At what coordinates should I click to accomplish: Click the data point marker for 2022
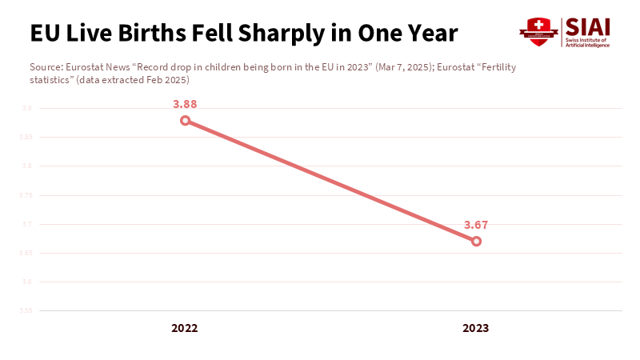click(185, 121)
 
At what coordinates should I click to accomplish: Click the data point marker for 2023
click(476, 241)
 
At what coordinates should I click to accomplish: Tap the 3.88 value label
click(185, 104)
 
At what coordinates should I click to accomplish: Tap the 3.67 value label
click(476, 225)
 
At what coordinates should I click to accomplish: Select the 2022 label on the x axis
click(185, 328)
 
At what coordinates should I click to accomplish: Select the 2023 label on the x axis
click(476, 328)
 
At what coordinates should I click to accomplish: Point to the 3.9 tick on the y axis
click(26, 108)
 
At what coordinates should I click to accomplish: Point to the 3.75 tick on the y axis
click(26, 195)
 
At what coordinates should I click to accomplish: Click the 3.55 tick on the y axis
click(26, 310)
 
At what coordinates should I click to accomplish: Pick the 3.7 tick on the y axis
click(26, 224)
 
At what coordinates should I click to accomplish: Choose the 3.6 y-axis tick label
click(26, 282)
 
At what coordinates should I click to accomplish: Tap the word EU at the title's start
click(42, 34)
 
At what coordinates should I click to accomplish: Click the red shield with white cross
click(538, 30)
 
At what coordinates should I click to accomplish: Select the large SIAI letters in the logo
click(587, 26)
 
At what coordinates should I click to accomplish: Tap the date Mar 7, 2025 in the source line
click(398, 67)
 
